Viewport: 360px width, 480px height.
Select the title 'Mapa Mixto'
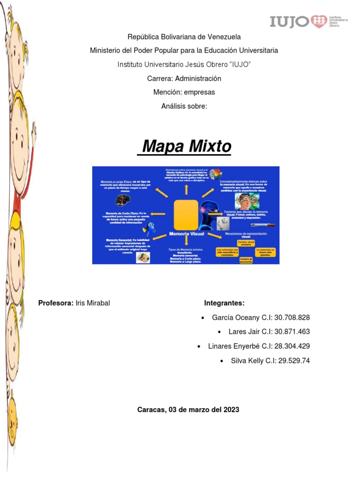(x=187, y=147)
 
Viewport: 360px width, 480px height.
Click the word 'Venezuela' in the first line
(x=221, y=36)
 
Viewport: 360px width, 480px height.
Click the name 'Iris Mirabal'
(x=92, y=303)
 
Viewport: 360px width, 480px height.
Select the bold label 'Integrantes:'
(x=225, y=303)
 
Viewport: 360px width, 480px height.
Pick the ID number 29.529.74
(x=290, y=360)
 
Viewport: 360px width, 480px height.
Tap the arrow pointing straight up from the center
(x=186, y=189)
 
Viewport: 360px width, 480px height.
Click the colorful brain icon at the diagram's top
(x=216, y=175)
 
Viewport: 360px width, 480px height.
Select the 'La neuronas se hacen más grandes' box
(x=265, y=252)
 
